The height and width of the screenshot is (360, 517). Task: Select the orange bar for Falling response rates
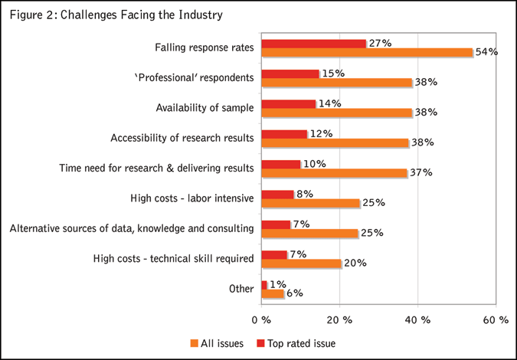click(367, 53)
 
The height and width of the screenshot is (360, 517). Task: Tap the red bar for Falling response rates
click(313, 44)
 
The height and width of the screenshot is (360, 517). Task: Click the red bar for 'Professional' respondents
click(290, 74)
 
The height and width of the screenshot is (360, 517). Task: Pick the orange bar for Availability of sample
click(336, 113)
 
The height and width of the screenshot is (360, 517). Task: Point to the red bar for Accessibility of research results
click(284, 133)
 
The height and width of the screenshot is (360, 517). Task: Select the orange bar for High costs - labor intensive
click(310, 203)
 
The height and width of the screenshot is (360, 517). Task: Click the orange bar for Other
click(273, 293)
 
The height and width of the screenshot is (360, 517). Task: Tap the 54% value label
click(486, 53)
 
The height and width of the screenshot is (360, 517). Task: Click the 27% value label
click(379, 43)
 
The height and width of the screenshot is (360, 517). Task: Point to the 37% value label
click(420, 172)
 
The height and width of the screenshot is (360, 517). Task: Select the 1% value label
click(278, 284)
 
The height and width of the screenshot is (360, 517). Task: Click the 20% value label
click(354, 263)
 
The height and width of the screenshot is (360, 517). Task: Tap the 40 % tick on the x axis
click(418, 319)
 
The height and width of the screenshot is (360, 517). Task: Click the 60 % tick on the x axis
click(496, 319)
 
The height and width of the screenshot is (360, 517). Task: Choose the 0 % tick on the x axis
click(261, 319)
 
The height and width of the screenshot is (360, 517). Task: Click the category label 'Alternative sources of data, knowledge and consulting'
click(131, 228)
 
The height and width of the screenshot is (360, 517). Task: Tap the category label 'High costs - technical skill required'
click(173, 259)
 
